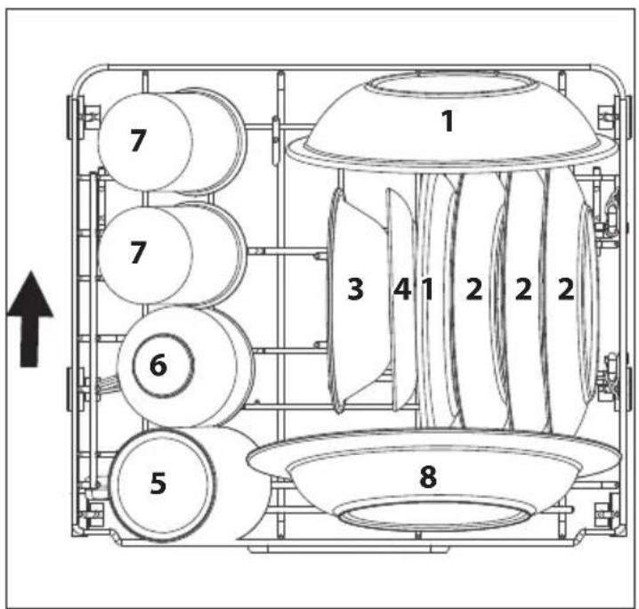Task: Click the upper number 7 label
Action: click(x=137, y=142)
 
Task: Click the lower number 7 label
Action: click(x=137, y=253)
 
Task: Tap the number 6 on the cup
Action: click(x=158, y=364)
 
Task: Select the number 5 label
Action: click(x=158, y=483)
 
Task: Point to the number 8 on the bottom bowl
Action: click(x=428, y=477)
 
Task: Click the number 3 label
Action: click(x=355, y=290)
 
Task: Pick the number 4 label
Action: click(x=401, y=290)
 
